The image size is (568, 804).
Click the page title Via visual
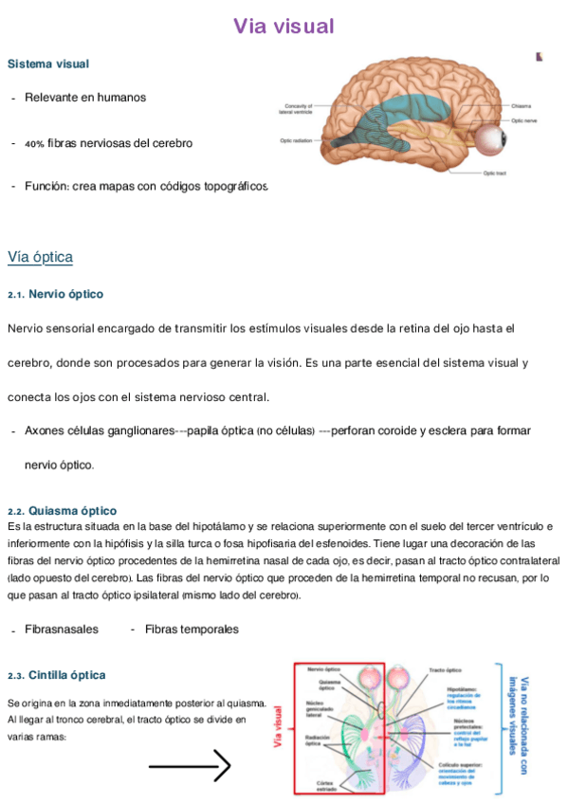coord(284,27)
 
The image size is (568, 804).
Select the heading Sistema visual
coord(48,64)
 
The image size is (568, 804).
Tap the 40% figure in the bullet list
coord(34,144)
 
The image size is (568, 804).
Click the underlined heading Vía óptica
coord(40,257)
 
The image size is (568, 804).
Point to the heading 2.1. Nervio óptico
coord(55,295)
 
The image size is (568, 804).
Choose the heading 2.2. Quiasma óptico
coord(62,510)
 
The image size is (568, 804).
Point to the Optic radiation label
coord(296,141)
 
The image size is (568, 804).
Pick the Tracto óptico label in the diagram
coord(445,670)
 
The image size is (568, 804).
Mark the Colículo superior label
coord(460,765)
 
